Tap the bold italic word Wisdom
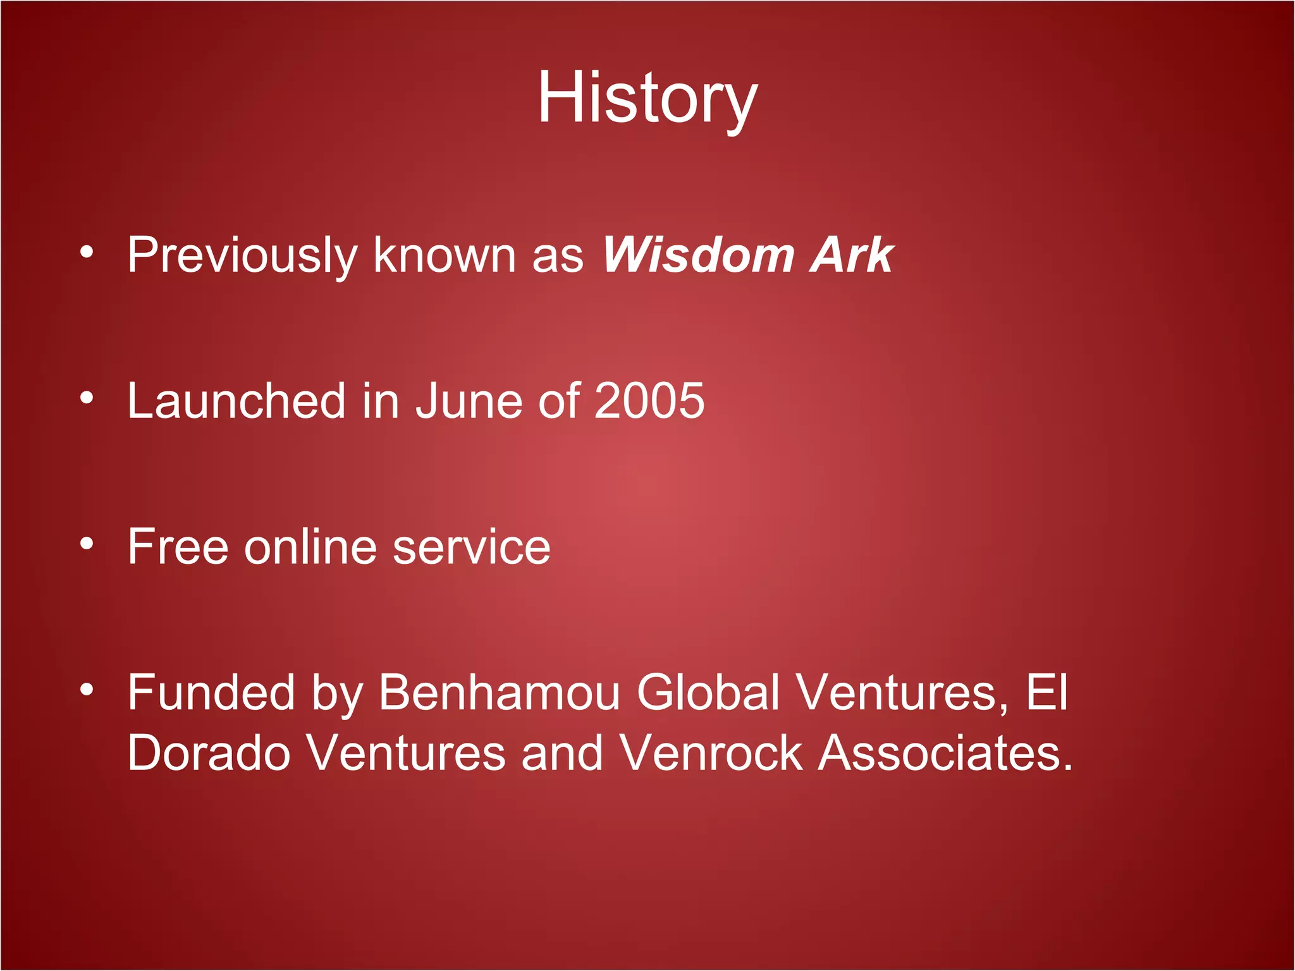pyautogui.click(x=698, y=255)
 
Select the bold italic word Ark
pyautogui.click(x=852, y=255)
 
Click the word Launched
pyautogui.click(x=236, y=401)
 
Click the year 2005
pyautogui.click(x=649, y=401)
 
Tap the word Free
pyautogui.click(x=178, y=546)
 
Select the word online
pyautogui.click(x=310, y=546)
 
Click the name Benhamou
pyautogui.click(x=499, y=693)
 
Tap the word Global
pyautogui.click(x=708, y=693)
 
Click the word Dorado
pyautogui.click(x=209, y=753)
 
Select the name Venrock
pyautogui.click(x=710, y=753)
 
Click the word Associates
pyautogui.click(x=945, y=753)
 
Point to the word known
pyautogui.click(x=445, y=255)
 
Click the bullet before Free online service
pyautogui.click(x=87, y=543)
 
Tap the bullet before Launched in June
pyautogui.click(x=87, y=398)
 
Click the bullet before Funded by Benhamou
pyautogui.click(x=87, y=689)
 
